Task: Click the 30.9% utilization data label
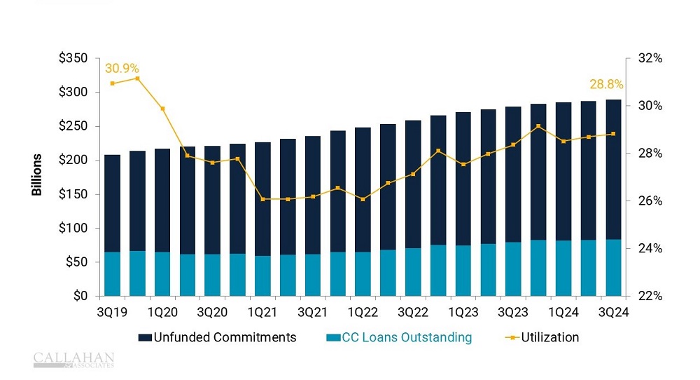(122, 69)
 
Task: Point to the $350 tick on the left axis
(73, 58)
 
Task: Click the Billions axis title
(37, 175)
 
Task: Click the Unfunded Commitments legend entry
(218, 337)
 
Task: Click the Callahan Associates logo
(73, 360)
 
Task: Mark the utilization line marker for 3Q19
(113, 83)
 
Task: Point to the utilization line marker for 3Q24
(613, 134)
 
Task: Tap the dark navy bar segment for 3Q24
(613, 168)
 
